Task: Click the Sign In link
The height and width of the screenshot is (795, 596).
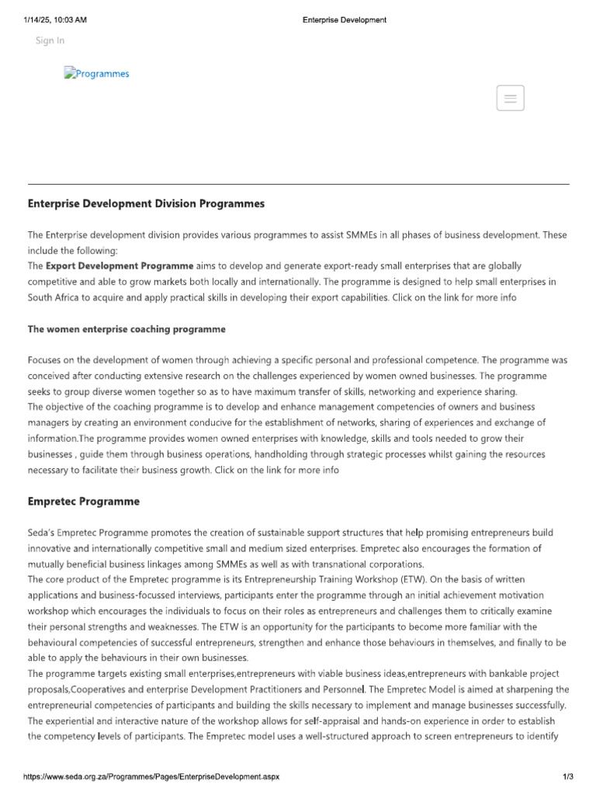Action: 50,40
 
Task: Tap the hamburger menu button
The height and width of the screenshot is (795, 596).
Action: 510,98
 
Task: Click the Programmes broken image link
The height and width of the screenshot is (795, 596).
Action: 97,74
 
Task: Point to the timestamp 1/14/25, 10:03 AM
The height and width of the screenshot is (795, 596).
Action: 55,20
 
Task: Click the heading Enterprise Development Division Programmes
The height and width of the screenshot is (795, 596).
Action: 146,203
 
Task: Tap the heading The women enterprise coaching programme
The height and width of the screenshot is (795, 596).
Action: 126,329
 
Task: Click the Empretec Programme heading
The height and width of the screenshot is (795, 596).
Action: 84,502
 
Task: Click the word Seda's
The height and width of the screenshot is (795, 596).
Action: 41,533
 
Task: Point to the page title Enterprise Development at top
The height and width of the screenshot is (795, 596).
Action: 344,20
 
